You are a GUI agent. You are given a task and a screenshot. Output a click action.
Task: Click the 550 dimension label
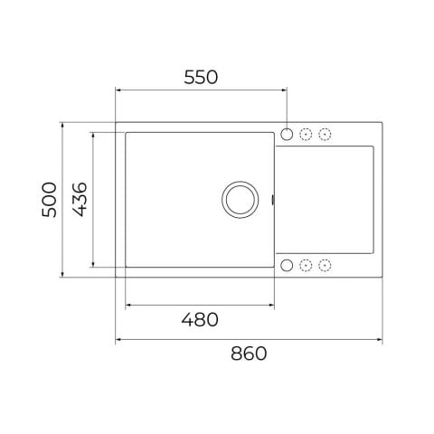(x=201, y=77)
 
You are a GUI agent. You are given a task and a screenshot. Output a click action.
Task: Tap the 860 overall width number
(x=249, y=354)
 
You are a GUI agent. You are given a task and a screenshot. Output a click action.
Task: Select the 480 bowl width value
(x=200, y=319)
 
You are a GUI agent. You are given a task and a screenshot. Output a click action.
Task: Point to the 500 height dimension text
(x=49, y=200)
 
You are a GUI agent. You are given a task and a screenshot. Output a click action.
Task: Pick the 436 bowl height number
(x=80, y=200)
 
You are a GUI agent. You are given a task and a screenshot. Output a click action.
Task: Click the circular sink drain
(x=241, y=200)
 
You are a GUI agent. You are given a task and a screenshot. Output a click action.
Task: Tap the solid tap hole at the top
(x=287, y=134)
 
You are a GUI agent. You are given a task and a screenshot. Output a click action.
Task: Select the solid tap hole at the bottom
(x=287, y=265)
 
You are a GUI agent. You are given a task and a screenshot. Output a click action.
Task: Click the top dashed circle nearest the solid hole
(x=306, y=134)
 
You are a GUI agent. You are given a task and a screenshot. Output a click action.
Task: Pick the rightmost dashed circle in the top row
(x=325, y=134)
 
